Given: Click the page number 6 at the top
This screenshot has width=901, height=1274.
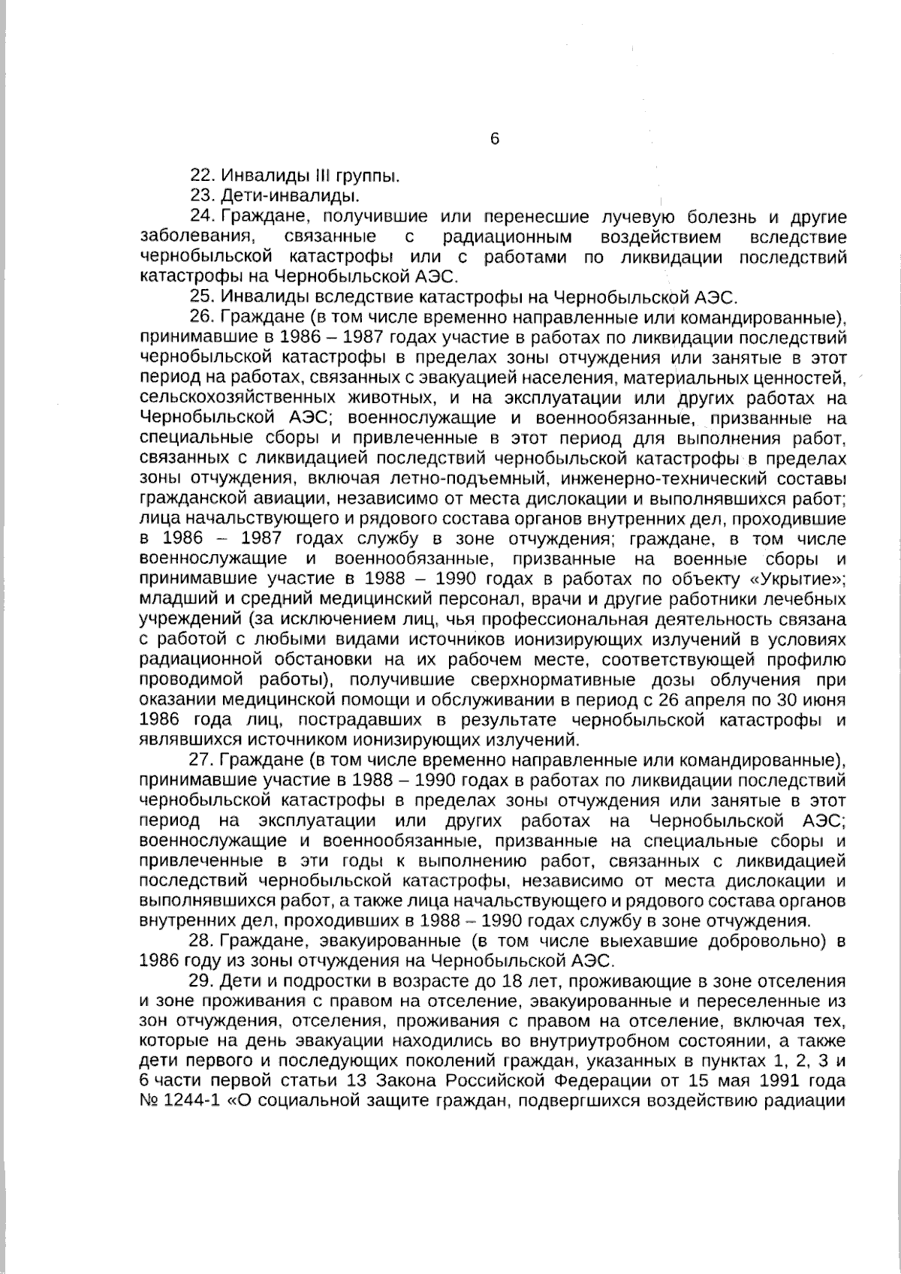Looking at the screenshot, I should [494, 139].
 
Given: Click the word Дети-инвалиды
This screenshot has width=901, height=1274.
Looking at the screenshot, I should [289, 197].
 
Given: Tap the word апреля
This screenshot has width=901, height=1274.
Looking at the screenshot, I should [719, 701].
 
